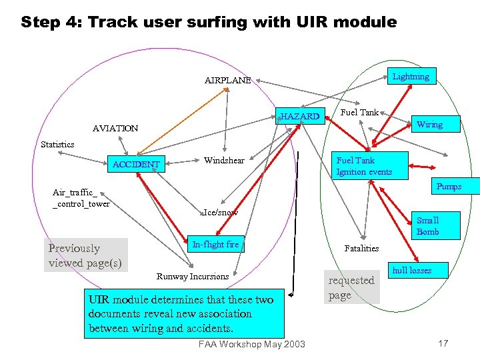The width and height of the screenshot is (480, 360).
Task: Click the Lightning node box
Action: tap(411, 77)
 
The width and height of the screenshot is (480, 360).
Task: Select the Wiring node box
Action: tap(429, 125)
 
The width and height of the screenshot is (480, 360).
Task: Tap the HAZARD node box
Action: tap(300, 117)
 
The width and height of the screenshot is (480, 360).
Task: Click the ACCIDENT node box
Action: tap(136, 165)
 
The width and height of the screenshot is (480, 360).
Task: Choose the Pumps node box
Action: tap(449, 187)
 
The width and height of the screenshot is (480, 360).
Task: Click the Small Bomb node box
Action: tap(427, 226)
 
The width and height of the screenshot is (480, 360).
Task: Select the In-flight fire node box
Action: tap(215, 245)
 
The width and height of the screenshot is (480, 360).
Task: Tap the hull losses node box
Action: tap(411, 270)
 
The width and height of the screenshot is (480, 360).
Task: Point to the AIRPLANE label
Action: tap(228, 81)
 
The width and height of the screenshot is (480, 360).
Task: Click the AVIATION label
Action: tap(115, 128)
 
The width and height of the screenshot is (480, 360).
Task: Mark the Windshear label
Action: tap(224, 161)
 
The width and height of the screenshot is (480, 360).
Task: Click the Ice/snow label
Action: tap(221, 213)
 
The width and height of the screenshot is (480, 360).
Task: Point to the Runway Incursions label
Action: tap(193, 276)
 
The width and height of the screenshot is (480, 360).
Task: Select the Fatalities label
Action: tap(361, 248)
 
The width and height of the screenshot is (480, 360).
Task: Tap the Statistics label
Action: tap(57, 144)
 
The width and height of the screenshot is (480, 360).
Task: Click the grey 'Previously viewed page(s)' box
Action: tap(85, 255)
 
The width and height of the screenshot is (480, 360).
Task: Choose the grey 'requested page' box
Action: tap(351, 287)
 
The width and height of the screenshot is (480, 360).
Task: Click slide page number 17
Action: tap(443, 343)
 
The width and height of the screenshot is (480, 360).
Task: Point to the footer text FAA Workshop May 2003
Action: tap(252, 344)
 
